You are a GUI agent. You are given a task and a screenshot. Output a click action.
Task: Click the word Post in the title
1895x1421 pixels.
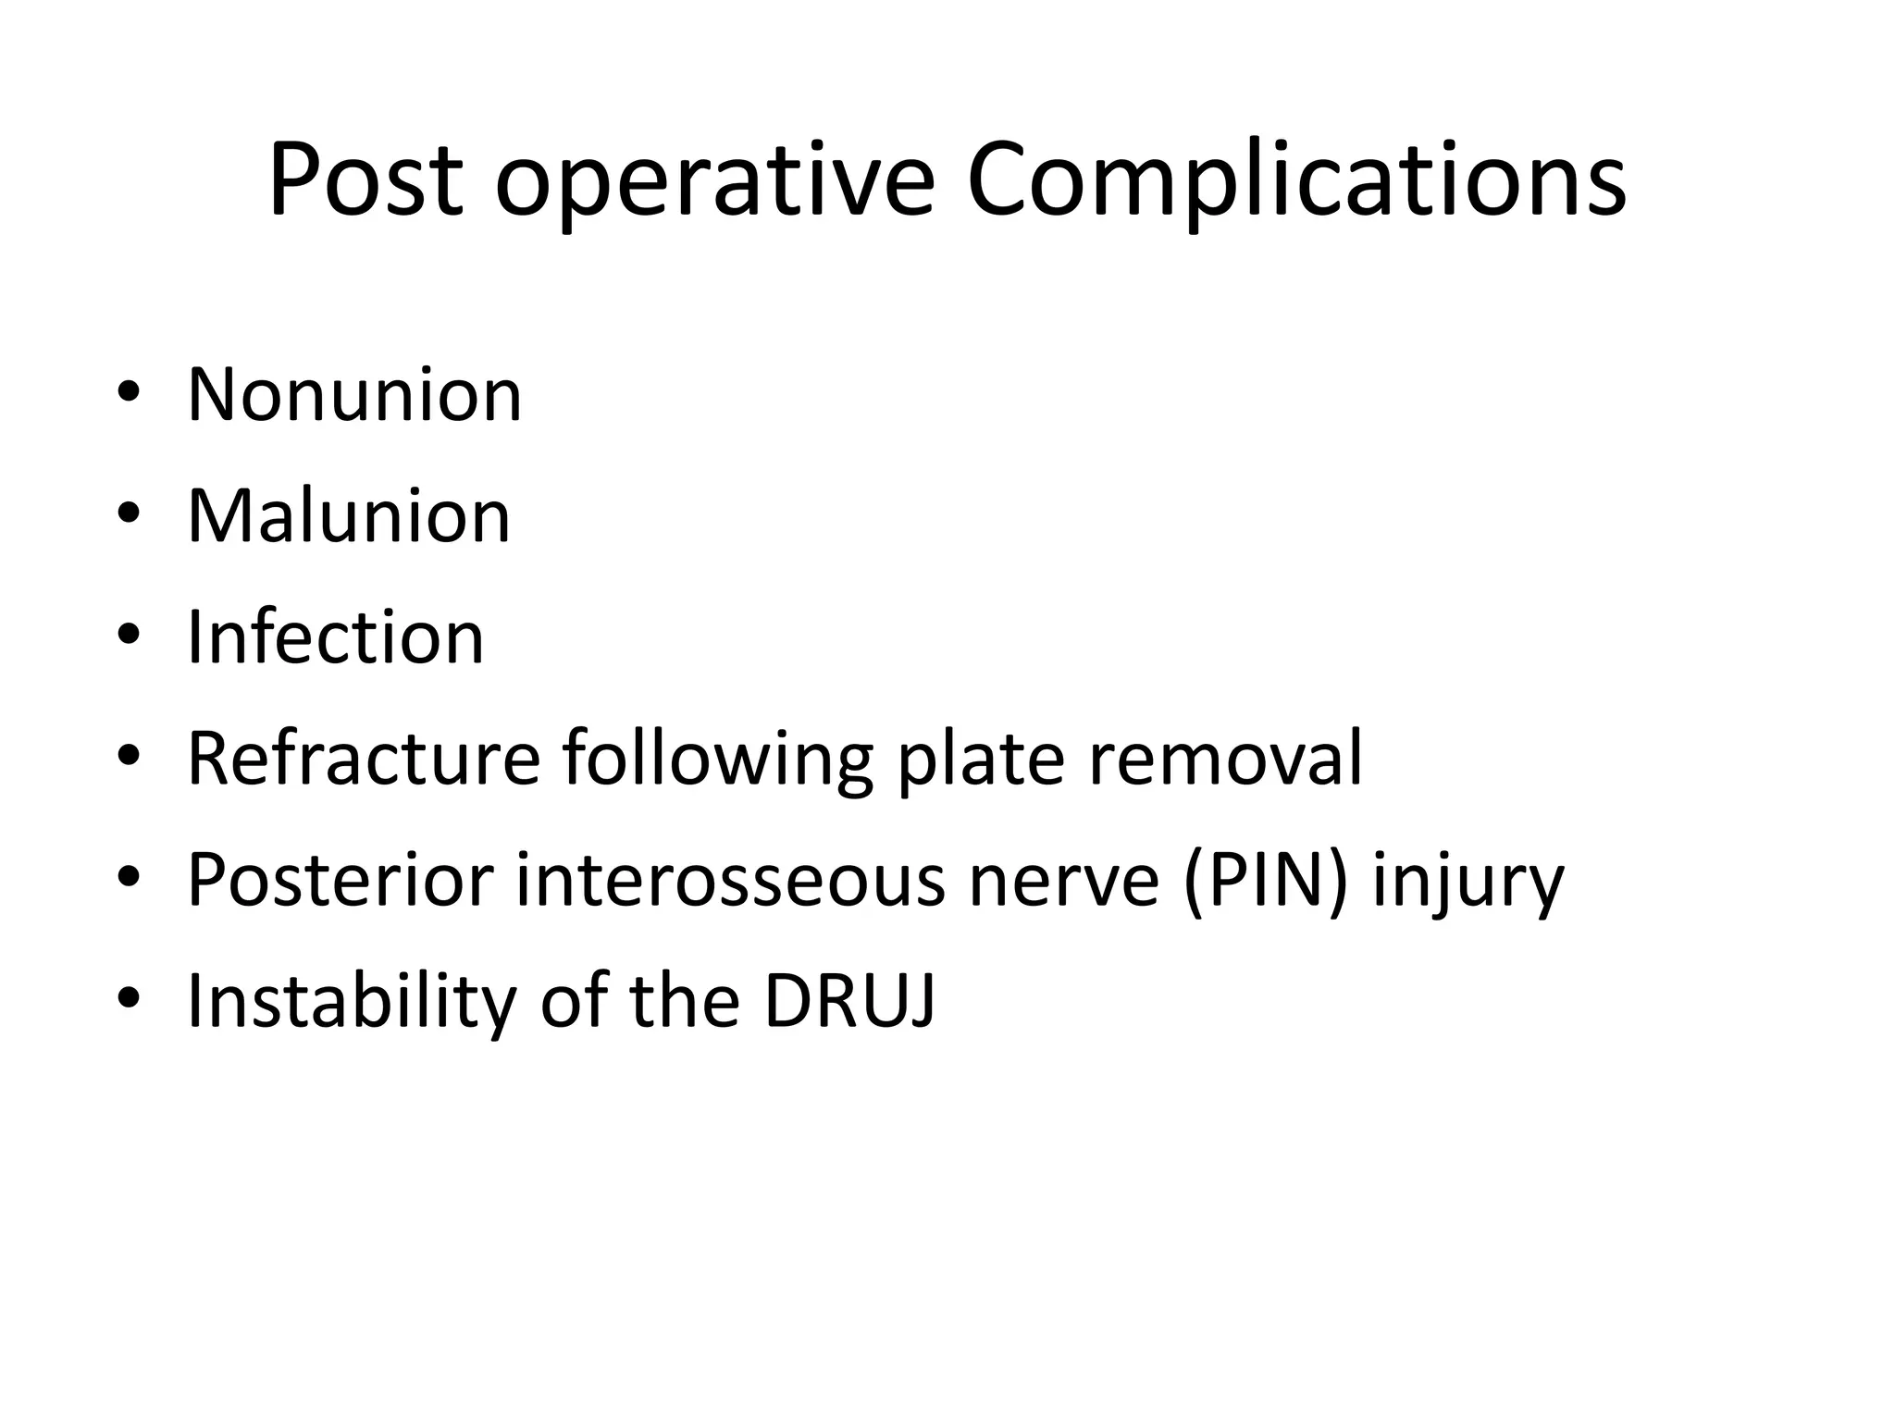(x=365, y=179)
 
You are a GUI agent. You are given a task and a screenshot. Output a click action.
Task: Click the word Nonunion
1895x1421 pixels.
(x=354, y=395)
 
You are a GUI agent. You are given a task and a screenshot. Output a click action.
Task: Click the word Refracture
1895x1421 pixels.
(x=364, y=759)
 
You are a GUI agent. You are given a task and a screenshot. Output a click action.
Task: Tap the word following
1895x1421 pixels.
(x=717, y=762)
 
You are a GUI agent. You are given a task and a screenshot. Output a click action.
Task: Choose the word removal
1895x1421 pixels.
(x=1225, y=759)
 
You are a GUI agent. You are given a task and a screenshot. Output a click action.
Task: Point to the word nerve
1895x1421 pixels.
(x=1064, y=883)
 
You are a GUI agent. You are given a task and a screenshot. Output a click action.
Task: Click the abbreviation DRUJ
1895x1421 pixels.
(x=849, y=1002)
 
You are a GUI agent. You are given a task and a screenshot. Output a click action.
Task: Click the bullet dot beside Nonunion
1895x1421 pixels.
(x=129, y=392)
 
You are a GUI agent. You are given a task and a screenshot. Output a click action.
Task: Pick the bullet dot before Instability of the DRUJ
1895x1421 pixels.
(x=129, y=998)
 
